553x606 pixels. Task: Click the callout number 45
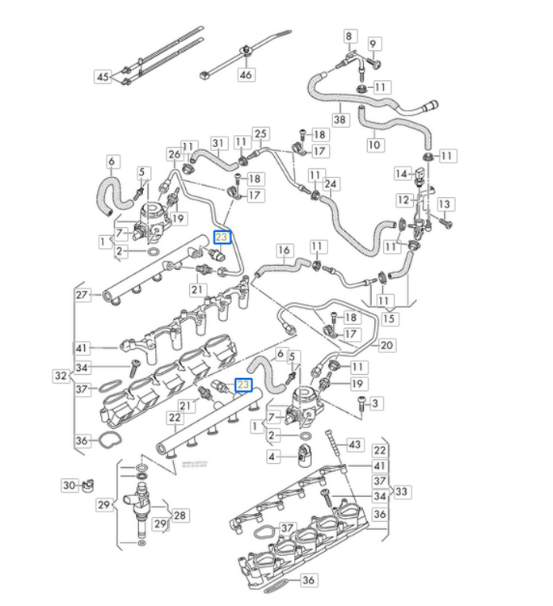[103, 77]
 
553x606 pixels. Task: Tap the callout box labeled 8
[349, 36]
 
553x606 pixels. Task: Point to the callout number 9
[374, 43]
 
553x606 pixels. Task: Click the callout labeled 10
[374, 145]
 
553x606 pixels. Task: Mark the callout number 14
[400, 174]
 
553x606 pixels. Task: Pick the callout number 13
[444, 204]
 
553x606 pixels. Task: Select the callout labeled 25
[260, 133]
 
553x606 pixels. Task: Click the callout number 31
[217, 144]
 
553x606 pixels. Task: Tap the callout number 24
[330, 184]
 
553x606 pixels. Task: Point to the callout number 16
[284, 250]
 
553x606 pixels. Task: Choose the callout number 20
[386, 346]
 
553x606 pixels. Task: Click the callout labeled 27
[82, 295]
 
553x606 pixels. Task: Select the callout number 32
[60, 376]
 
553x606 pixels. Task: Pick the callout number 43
[354, 445]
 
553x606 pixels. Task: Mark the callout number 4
[272, 457]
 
